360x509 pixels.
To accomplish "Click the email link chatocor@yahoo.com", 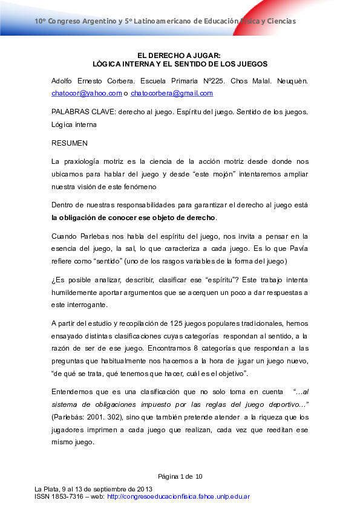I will [87, 93].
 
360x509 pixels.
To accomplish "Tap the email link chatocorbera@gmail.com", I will [172, 93].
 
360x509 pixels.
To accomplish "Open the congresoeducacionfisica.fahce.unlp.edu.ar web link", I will [178, 496].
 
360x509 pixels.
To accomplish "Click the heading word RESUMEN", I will [70, 143].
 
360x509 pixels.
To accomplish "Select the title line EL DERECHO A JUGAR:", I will [180, 55].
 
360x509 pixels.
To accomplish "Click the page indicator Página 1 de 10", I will [180, 476].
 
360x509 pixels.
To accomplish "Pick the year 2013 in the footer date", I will [144, 489].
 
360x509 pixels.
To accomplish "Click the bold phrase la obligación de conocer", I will [91, 218].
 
